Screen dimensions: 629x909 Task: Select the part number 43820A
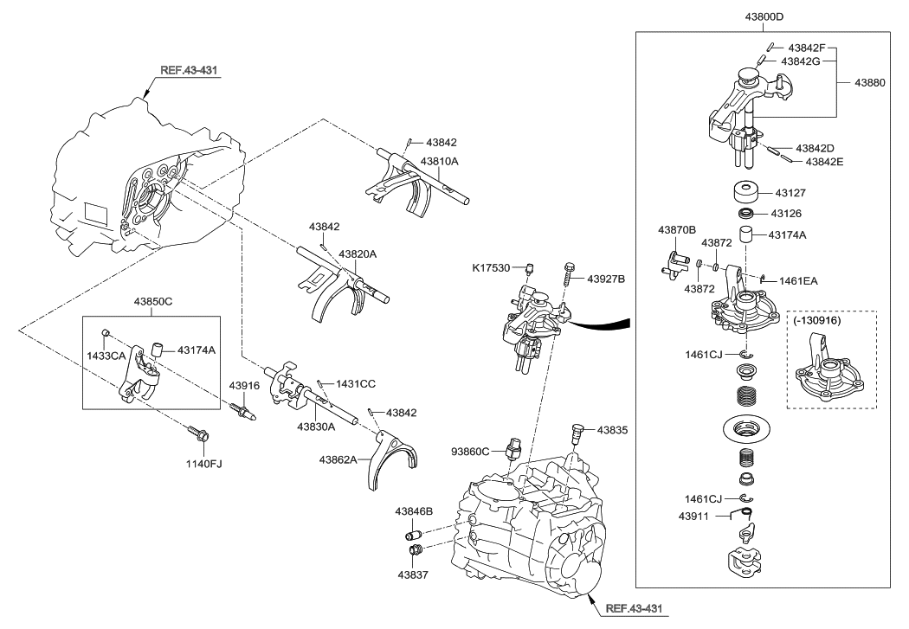coord(359,254)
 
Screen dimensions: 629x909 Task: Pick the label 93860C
coord(471,450)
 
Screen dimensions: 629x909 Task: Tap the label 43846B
coord(414,512)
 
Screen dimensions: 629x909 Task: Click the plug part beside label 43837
coord(415,550)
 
